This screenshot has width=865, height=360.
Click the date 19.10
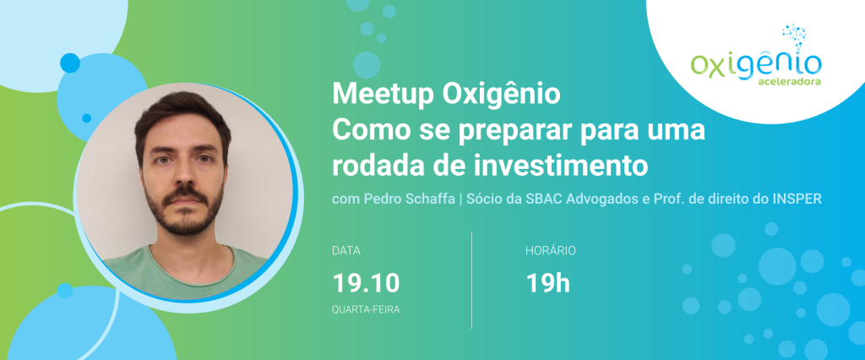pos(366,283)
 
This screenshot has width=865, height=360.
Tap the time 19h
pos(547,283)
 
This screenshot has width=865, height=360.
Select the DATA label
pos(345,251)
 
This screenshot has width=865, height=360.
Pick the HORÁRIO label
pos(551,251)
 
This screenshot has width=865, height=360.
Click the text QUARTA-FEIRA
pos(366,310)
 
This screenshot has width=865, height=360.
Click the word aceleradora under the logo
pos(793,81)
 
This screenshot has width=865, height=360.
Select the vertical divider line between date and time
pos(471,280)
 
